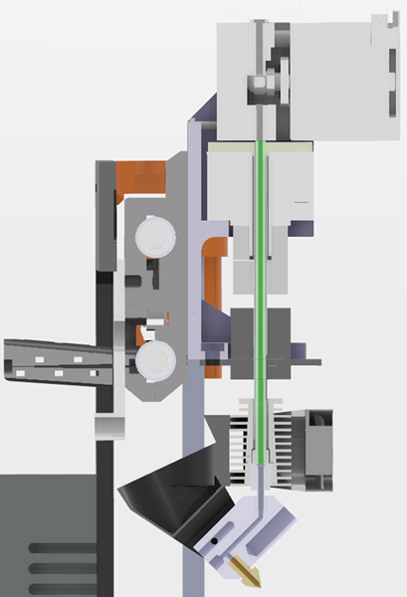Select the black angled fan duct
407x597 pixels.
(x=169, y=496)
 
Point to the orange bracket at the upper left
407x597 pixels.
(x=137, y=179)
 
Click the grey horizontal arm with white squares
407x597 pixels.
(x=60, y=362)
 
